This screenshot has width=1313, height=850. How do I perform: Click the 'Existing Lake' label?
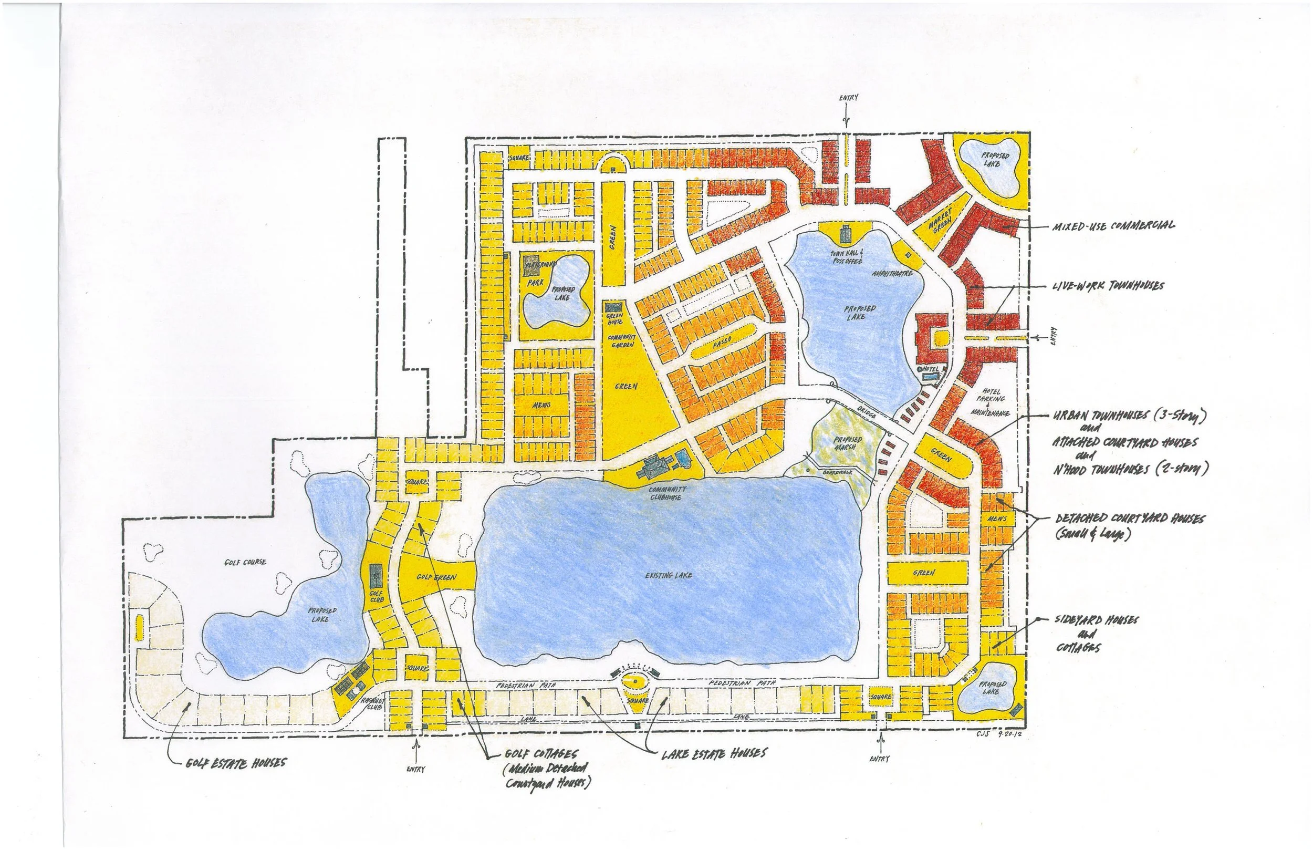(669, 575)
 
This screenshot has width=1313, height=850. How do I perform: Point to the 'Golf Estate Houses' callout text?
(236, 763)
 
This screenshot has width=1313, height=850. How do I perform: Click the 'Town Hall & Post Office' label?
(846, 256)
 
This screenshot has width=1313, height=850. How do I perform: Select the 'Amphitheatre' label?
(892, 274)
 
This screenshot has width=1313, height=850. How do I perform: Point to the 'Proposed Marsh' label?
(845, 443)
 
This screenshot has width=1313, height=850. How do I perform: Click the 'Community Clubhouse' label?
(667, 493)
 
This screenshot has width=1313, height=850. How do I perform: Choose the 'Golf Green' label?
(436, 577)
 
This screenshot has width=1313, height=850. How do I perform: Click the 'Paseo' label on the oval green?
(722, 342)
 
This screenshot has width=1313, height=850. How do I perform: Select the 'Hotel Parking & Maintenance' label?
(992, 402)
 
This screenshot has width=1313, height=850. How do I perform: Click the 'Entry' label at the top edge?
(849, 98)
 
